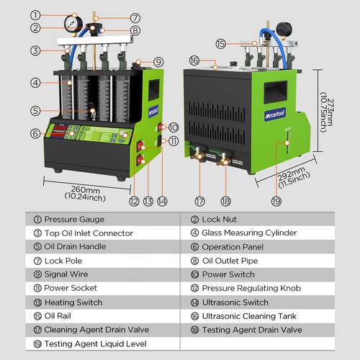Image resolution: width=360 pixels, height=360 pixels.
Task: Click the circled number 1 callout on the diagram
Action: click(x=36, y=15)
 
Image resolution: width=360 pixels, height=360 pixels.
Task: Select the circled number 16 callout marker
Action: click(x=194, y=60)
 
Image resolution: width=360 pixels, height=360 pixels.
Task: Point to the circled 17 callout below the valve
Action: click(x=199, y=202)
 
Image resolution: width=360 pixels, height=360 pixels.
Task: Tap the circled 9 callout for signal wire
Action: click(x=158, y=62)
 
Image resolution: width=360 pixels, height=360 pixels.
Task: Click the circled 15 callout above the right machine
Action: click(x=221, y=43)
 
